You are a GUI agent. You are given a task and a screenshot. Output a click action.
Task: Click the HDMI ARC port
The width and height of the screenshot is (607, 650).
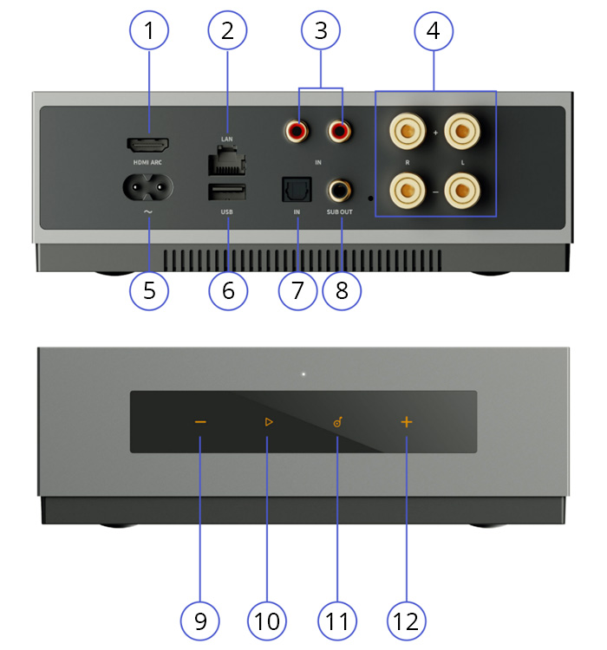tap(148, 145)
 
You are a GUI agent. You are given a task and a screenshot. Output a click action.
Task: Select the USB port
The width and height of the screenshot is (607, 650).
tap(227, 192)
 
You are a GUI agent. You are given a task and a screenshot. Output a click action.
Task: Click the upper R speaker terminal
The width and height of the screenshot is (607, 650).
tap(408, 132)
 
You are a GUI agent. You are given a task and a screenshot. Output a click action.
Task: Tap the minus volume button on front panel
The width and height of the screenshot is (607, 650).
tap(200, 422)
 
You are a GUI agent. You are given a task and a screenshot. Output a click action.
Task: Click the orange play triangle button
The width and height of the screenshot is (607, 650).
tap(268, 422)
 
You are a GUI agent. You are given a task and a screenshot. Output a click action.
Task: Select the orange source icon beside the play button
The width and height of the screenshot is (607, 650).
tap(337, 422)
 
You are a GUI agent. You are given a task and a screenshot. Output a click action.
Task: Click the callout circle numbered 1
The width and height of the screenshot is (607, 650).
tap(149, 31)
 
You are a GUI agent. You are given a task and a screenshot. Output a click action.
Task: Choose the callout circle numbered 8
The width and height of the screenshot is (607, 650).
tap(341, 290)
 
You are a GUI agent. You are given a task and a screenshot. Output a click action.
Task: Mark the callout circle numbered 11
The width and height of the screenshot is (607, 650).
tap(337, 620)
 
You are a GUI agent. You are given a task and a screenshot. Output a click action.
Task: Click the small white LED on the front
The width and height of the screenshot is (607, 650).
tap(303, 374)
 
